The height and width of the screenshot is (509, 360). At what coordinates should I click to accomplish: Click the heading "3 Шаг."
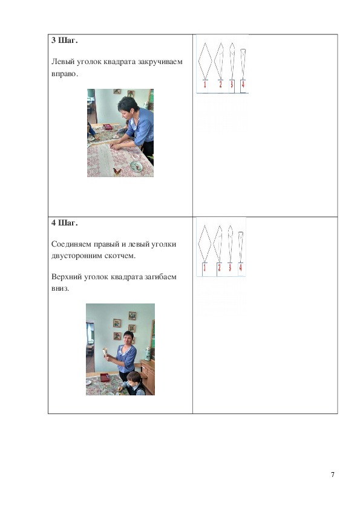[x=64, y=41]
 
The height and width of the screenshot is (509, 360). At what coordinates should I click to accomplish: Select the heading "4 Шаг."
[x=64, y=223]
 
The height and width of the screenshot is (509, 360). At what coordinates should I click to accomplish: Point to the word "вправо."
[x=65, y=74]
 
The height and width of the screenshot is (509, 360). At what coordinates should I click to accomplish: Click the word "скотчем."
[x=120, y=256]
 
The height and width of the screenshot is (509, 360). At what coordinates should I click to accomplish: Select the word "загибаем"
[x=160, y=277]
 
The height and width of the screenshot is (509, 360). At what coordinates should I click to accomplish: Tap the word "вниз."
[x=60, y=288]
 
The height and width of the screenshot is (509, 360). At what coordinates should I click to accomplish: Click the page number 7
[x=332, y=475]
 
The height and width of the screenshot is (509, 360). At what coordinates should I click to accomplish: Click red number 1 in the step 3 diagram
[x=205, y=85]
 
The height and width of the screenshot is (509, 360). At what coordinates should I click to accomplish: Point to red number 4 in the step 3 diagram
[x=243, y=85]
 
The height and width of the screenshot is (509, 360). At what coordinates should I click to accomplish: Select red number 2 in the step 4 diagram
[x=219, y=267]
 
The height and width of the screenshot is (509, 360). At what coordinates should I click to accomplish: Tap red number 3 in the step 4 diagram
[x=230, y=267]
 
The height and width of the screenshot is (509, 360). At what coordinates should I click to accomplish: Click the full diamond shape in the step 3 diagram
[x=205, y=61]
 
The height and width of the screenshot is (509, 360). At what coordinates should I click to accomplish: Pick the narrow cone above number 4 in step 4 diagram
[x=241, y=247]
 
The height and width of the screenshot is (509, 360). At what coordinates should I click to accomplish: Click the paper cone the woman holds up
[x=105, y=352]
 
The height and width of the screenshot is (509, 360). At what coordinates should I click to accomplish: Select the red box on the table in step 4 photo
[x=104, y=377]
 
